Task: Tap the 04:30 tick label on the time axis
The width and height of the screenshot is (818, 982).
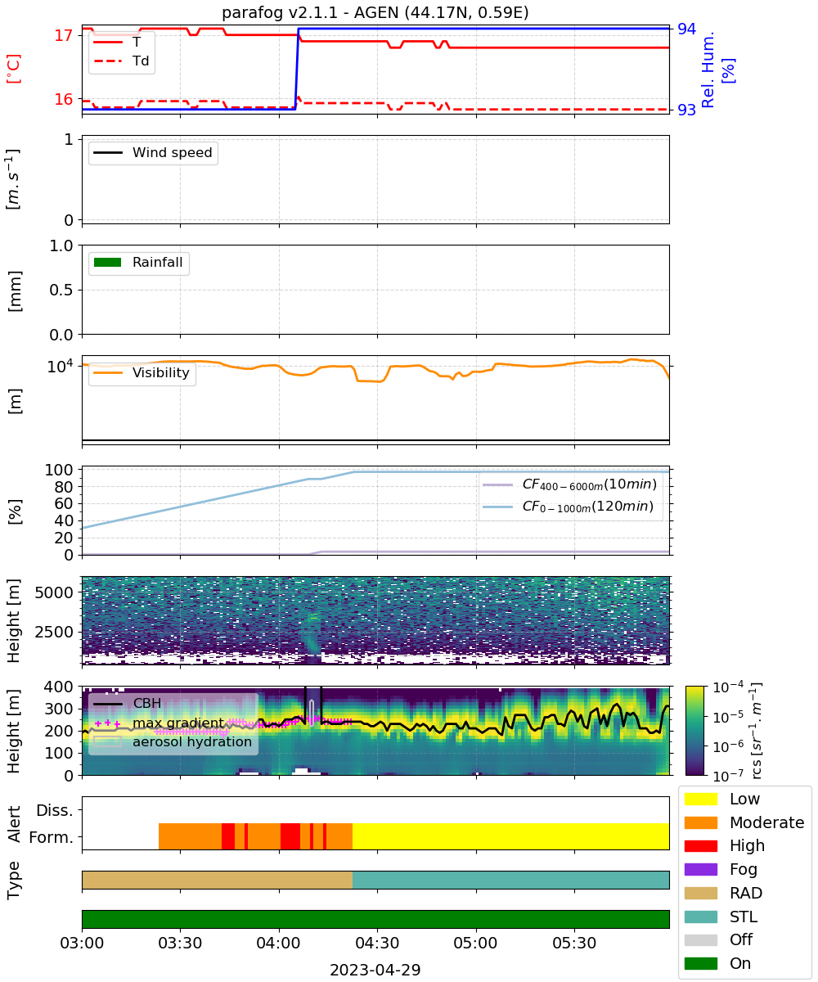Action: coord(377,943)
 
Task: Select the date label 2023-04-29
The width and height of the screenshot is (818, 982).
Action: coord(375,970)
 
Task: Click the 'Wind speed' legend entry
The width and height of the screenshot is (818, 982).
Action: coord(153,152)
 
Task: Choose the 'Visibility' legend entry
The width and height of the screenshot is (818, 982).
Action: coord(141,372)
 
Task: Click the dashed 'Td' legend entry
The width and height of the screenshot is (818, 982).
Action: coord(121,61)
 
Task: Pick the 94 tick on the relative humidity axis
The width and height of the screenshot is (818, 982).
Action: coord(686,29)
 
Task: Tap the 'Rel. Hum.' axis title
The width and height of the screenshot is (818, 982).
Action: coord(707,70)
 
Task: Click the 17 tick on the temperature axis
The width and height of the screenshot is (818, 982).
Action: coord(64,35)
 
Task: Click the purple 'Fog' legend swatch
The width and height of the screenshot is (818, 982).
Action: coord(700,870)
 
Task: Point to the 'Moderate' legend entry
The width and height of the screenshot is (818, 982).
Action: coord(744,822)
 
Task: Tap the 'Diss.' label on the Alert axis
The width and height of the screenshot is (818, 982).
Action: coord(55,810)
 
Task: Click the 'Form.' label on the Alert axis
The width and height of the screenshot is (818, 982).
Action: coord(52,837)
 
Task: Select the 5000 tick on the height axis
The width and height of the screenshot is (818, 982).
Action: coord(54,592)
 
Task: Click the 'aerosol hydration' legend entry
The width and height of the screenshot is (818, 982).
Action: coord(173,741)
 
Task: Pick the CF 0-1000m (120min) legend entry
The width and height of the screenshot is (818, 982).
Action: coord(569,507)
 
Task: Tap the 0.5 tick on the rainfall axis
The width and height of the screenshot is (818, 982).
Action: coord(61,291)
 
